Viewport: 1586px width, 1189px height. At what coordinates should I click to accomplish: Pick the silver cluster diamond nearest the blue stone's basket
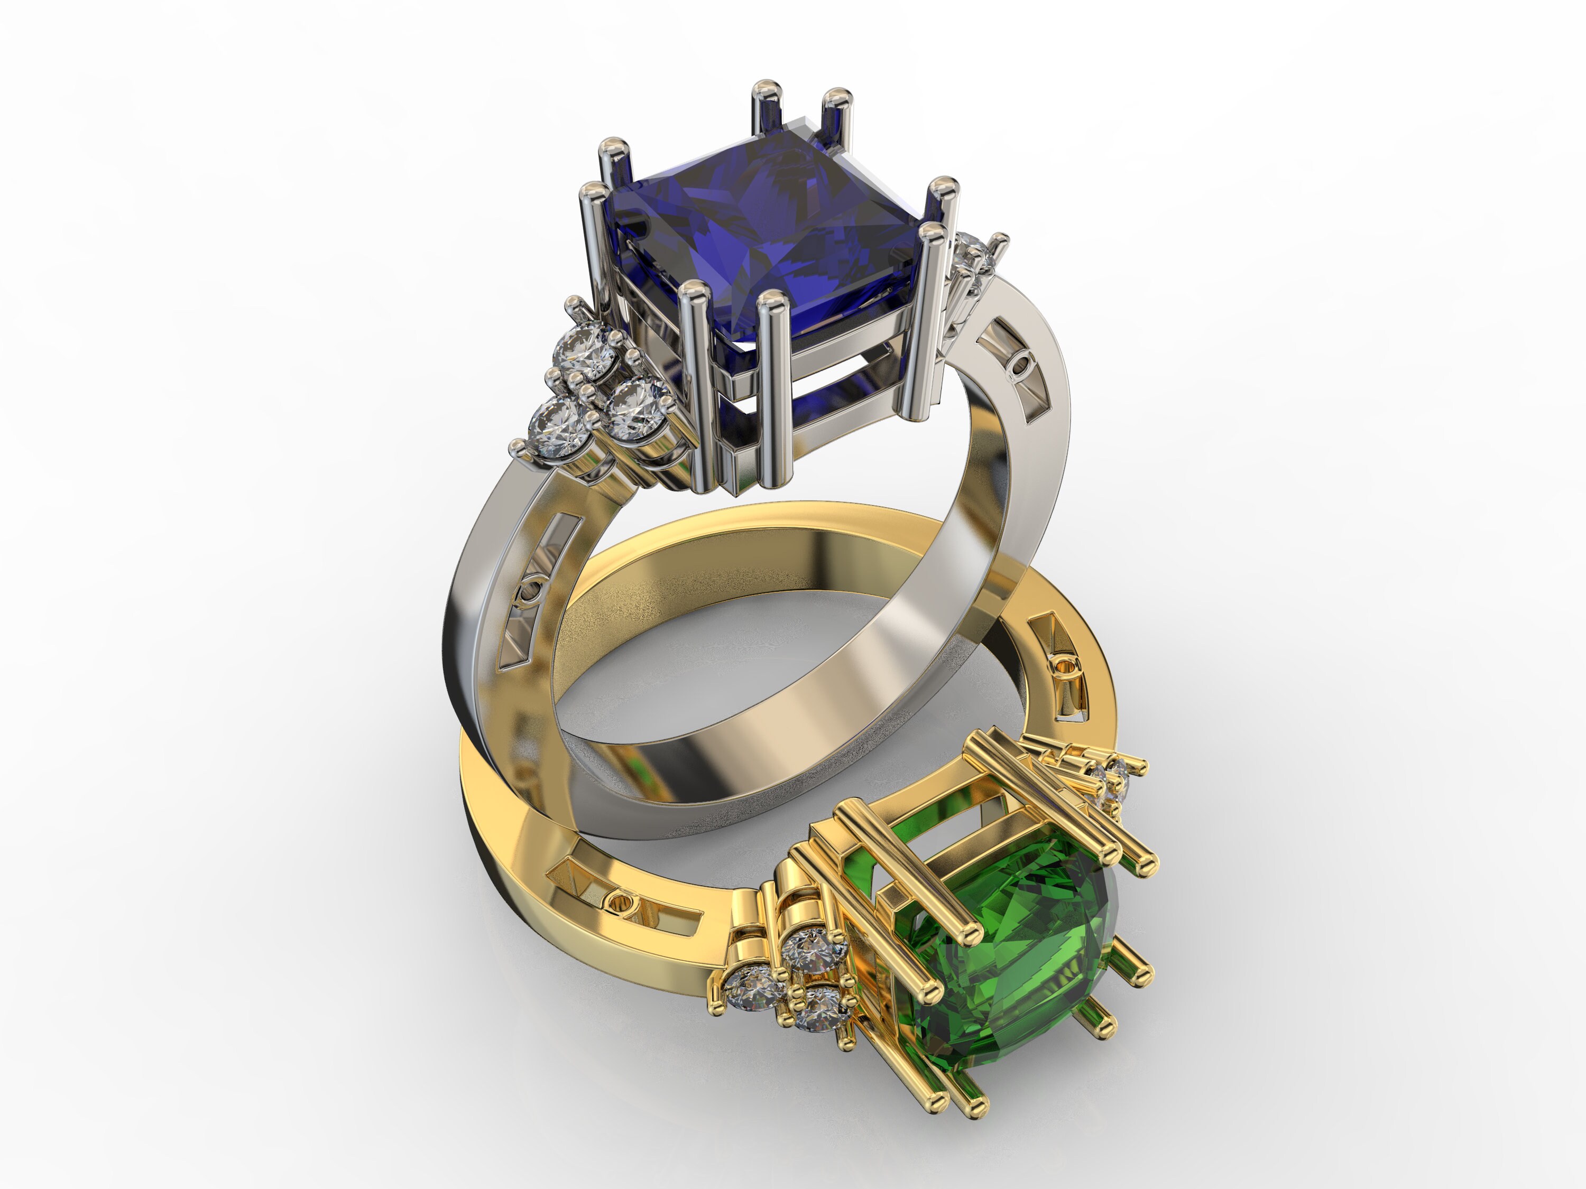click(x=634, y=408)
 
